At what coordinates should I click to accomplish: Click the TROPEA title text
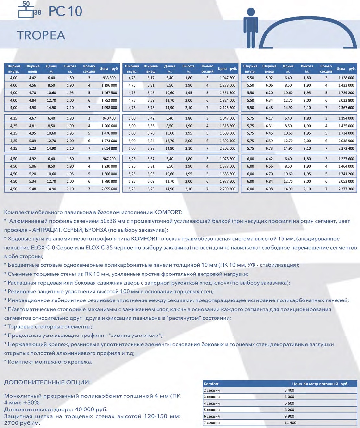[41, 35]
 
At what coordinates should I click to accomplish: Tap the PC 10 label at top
[65, 11]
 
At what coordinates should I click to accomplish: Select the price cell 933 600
[109, 78]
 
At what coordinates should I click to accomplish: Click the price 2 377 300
[346, 189]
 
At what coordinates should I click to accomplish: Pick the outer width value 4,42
[32, 78]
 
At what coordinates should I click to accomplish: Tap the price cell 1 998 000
[109, 108]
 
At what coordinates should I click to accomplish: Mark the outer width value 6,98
[269, 189]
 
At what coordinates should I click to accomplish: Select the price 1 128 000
[346, 78]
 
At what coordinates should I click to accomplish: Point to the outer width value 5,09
[32, 141]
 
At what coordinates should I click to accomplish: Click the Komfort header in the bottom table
[211, 384]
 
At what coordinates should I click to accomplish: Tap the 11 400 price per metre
[290, 423]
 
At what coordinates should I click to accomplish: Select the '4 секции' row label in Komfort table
[212, 403]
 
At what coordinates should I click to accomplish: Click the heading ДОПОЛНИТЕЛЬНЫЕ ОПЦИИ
[47, 382]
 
